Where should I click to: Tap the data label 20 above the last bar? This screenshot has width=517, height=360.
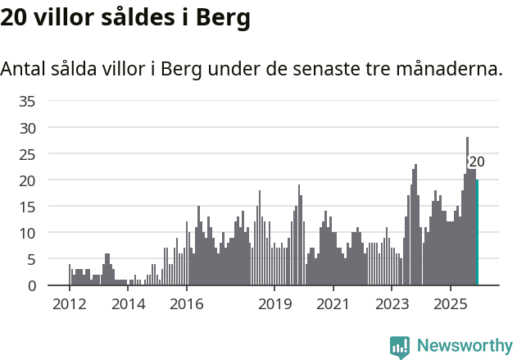click(x=476, y=162)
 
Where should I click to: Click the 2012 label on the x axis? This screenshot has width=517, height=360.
click(x=69, y=304)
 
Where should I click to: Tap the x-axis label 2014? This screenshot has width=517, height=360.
click(x=128, y=304)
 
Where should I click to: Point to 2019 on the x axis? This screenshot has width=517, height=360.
click(x=274, y=304)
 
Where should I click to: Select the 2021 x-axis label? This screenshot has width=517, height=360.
click(x=333, y=304)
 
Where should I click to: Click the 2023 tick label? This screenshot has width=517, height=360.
click(x=392, y=304)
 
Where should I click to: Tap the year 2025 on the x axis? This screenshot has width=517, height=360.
click(x=450, y=304)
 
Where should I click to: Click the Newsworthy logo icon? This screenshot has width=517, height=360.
click(x=400, y=347)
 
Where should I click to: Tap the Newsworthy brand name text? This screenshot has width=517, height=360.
click(x=464, y=346)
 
